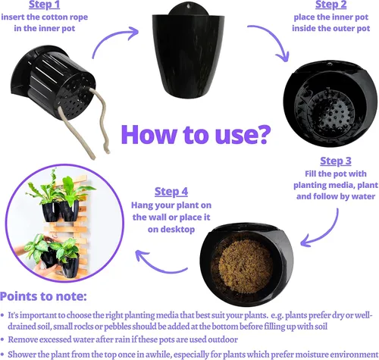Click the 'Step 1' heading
coord(44,5)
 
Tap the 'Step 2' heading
coord(331,5)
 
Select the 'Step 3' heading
coord(336,161)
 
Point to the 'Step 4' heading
coord(171,192)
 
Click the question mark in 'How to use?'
coord(264,134)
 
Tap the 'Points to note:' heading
coord(43,296)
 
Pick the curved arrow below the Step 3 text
coord(328,233)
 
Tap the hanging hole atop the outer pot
coord(189,5)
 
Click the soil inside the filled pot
coord(244,267)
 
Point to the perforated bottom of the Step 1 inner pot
coord(77,97)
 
